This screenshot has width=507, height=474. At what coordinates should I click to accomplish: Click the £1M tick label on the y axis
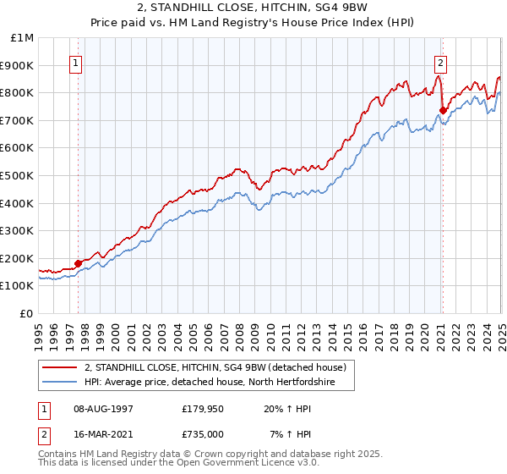pyautogui.click(x=23, y=38)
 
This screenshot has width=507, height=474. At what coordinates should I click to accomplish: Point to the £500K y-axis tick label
pyautogui.click(x=19, y=176)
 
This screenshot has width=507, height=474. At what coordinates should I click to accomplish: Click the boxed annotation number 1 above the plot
pyautogui.click(x=76, y=62)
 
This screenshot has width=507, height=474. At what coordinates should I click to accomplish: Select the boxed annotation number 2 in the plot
pyautogui.click(x=441, y=62)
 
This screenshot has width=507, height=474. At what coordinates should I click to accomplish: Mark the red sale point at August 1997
pyautogui.click(x=78, y=263)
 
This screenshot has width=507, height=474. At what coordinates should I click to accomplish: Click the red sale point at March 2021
pyautogui.click(x=443, y=110)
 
